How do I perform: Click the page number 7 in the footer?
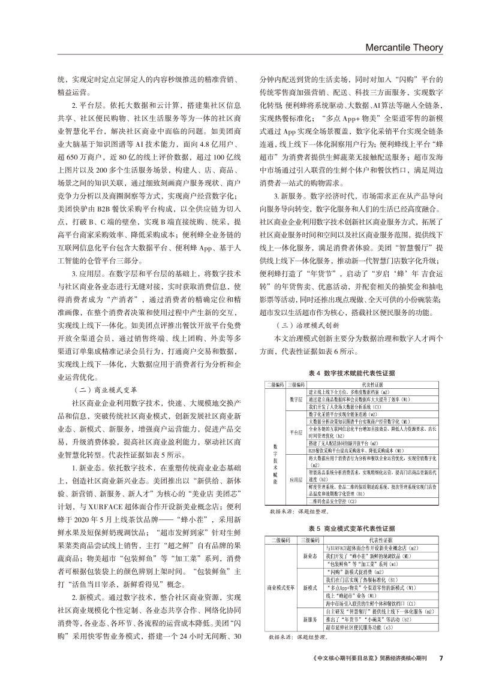tap(441, 674)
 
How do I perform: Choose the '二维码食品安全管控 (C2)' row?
tap(333, 501)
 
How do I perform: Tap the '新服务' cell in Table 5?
tap(310, 619)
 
